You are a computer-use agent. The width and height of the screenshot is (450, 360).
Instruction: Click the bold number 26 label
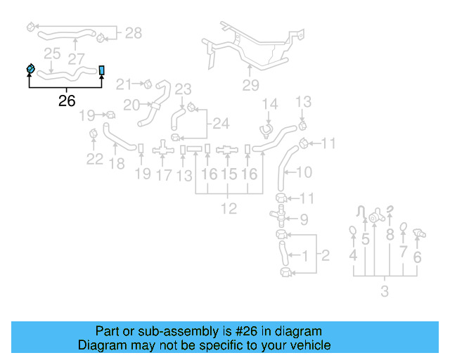pos(67,101)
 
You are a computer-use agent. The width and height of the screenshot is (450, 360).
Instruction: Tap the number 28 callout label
pos(132,32)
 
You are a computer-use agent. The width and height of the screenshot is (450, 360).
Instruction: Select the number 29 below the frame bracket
pos(251,86)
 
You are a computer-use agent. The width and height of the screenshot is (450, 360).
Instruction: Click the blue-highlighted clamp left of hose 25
pos(30,69)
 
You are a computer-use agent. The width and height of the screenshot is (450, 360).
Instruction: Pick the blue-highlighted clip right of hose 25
pos(103,70)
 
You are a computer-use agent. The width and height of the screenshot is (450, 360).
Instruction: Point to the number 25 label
pos(51,53)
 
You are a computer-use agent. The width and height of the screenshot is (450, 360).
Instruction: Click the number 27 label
pos(76,60)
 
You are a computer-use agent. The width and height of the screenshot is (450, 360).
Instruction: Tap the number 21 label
pos(124,84)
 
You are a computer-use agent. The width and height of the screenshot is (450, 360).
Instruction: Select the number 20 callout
pos(131,105)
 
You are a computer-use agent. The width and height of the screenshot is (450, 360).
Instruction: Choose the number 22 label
pos(94,159)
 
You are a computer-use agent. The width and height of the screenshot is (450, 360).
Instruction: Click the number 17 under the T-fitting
pos(163,174)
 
